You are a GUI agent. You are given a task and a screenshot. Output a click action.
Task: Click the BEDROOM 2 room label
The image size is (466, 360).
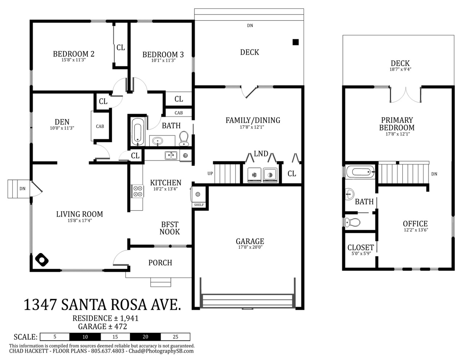tap(74, 54)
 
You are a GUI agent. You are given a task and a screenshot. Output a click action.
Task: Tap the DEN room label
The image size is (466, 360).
tap(62, 122)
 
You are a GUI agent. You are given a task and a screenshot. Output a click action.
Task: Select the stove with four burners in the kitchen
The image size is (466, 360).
tap(138, 191)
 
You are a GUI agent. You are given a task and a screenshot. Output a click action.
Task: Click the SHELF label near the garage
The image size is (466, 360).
tap(199, 205)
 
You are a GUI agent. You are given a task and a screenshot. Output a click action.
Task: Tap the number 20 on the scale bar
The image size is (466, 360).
tap(145, 337)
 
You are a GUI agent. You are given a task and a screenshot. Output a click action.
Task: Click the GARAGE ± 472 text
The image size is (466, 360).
tap(103, 327)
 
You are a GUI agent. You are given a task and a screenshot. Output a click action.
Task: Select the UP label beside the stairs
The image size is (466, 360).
tap(210, 174)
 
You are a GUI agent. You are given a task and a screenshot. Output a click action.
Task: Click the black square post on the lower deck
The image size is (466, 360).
tap(296, 42)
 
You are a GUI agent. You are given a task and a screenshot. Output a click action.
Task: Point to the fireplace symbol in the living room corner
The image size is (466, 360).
tap(42, 260)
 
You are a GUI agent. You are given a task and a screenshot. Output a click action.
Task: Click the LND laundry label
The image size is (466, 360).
tap(261, 154)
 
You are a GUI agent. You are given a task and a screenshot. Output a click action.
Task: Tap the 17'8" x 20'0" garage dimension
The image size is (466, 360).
tap(250, 247)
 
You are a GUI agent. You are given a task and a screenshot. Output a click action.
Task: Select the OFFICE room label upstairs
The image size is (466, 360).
tap(415, 224)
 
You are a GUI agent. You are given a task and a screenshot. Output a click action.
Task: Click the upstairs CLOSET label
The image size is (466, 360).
tap(361, 248)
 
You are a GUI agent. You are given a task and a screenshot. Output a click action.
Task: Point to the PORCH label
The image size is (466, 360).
tap(160, 263)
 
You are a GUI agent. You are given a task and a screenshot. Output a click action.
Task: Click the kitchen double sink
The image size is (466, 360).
tap(171, 155)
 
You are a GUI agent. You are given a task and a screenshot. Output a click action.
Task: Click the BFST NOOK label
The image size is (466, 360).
tap(170, 228)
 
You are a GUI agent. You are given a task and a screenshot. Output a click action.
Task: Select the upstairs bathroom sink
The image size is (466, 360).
tap(349, 194)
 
